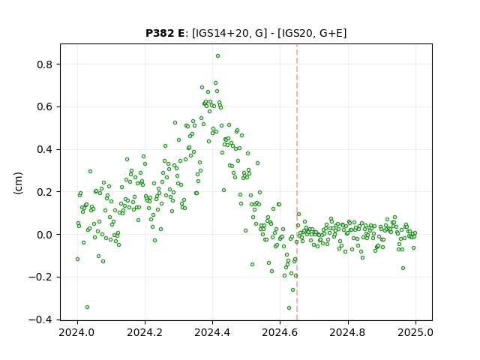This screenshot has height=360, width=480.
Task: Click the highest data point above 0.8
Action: pyautogui.click(x=217, y=56)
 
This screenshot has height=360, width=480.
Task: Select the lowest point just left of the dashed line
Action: pyautogui.click(x=289, y=308)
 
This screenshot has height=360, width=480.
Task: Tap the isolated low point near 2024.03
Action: pyautogui.click(x=87, y=307)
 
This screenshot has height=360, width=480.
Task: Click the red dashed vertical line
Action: pyautogui.click(x=297, y=182)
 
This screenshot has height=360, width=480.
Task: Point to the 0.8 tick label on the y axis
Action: pyautogui.click(x=46, y=64)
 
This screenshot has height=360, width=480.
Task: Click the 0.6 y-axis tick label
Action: pyautogui.click(x=46, y=107)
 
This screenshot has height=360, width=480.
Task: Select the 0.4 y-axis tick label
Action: pyautogui.click(x=46, y=150)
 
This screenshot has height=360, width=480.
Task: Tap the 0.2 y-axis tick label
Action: pyautogui.click(x=46, y=192)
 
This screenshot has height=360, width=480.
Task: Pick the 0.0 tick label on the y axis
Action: pyautogui.click(x=46, y=235)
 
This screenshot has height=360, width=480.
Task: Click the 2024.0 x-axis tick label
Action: pyautogui.click(x=77, y=332)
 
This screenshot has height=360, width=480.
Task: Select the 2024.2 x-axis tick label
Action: pyautogui.click(x=145, y=332)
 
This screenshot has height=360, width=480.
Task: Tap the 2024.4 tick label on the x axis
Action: pyautogui.click(x=212, y=332)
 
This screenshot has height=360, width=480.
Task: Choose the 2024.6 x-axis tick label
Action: pyautogui.click(x=280, y=332)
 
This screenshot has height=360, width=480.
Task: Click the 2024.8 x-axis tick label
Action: pyautogui.click(x=347, y=332)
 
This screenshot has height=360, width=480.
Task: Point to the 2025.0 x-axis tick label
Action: pyautogui.click(x=415, y=332)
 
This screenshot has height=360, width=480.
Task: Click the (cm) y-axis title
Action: pyautogui.click(x=18, y=183)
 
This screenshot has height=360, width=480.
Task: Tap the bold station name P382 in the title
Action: pyautogui.click(x=160, y=33)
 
